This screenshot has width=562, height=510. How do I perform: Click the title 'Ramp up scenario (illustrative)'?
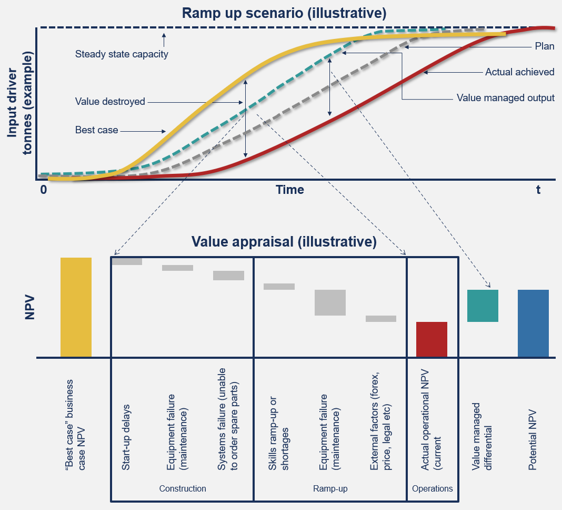coord(284,13)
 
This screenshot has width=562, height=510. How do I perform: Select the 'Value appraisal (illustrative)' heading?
coord(284,242)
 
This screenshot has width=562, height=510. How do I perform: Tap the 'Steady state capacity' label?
coord(122,54)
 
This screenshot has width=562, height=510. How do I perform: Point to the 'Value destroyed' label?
coord(110,102)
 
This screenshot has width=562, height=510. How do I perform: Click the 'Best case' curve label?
coord(97,130)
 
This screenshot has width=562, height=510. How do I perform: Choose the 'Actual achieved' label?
coord(519,72)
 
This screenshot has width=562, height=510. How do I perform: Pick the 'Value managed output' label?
coord(505,97)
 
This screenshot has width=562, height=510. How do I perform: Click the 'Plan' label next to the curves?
coord(545,46)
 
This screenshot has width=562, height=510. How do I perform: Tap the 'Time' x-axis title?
coord(290,190)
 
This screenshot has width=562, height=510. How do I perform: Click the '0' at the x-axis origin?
coord(44,190)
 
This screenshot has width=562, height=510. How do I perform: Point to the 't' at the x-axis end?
coord(538,190)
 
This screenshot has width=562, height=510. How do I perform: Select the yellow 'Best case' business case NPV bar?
coord(76,307)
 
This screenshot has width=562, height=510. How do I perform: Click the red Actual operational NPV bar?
coord(431,339)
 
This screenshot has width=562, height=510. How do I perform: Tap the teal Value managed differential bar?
coord(483,306)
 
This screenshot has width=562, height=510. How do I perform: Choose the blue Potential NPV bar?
coord(533,323)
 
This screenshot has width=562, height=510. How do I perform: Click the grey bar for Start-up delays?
coord(127,261)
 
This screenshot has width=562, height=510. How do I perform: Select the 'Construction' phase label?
coord(183,488)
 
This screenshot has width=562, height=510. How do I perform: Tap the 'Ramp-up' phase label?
coord(330,488)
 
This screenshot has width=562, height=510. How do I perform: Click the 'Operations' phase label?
coord(432,488)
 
